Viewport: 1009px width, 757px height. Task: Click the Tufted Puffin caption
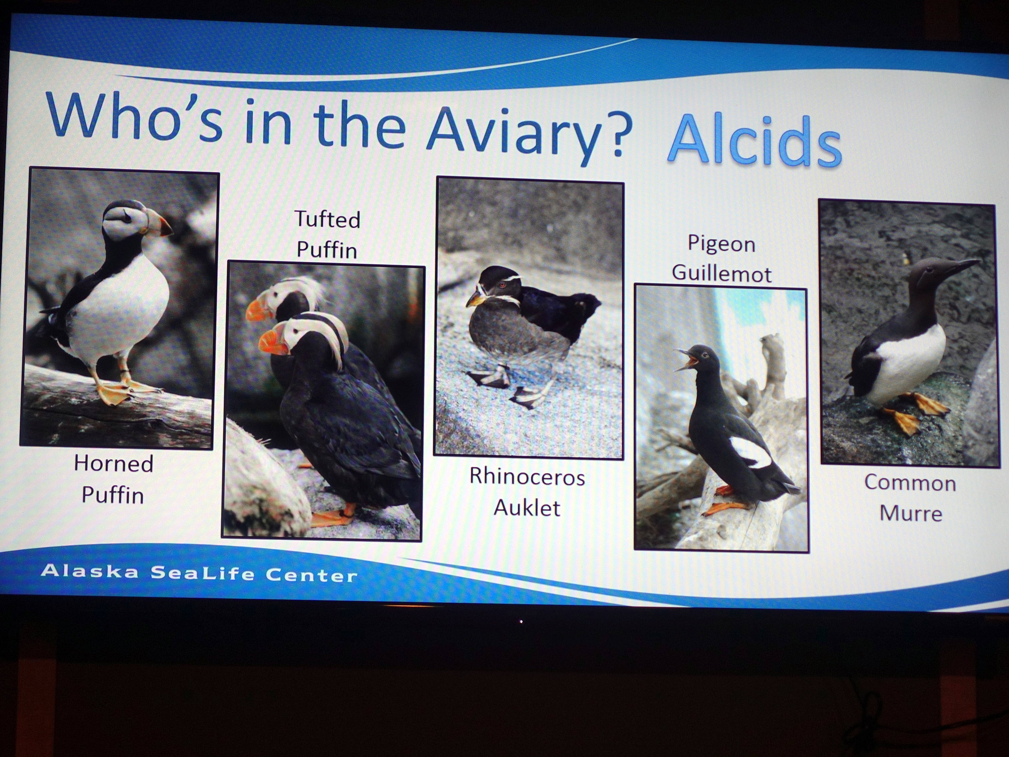click(327, 234)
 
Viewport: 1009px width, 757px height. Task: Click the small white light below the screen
click(521, 621)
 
